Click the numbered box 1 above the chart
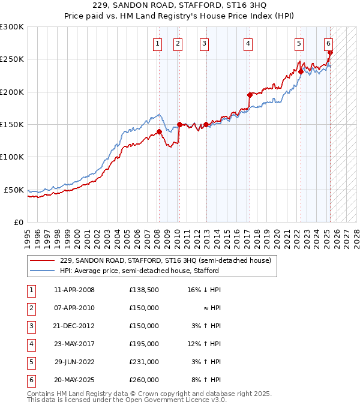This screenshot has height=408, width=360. tap(157, 43)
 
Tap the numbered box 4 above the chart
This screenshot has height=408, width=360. tap(248, 43)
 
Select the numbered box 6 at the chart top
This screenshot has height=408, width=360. tap(329, 43)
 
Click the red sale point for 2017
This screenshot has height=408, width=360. tap(250, 95)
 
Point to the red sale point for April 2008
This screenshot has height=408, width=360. tap(159, 131)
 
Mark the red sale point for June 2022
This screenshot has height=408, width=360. tap(301, 71)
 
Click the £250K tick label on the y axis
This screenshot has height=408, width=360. tap(12, 59)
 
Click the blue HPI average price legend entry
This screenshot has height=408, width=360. tap(139, 271)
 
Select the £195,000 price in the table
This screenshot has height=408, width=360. tap(144, 344)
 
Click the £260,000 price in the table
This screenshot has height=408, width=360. tap(144, 380)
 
